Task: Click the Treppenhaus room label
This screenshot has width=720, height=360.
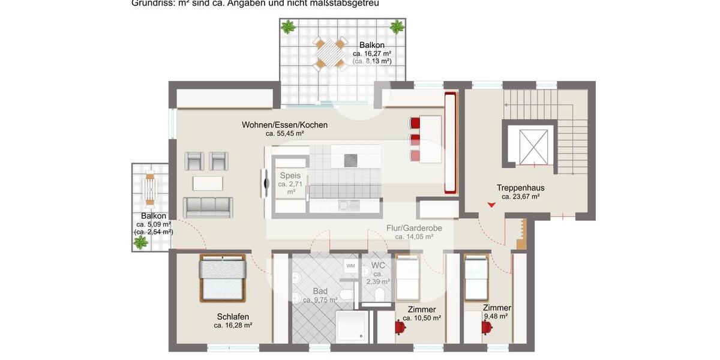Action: pyautogui.click(x=520, y=187)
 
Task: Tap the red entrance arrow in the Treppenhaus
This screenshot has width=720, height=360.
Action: pyautogui.click(x=491, y=205)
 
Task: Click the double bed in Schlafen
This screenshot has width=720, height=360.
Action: pyautogui.click(x=223, y=279)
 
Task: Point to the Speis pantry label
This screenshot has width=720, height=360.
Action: pyautogui.click(x=290, y=176)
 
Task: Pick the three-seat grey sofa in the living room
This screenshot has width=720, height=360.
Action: pyautogui.click(x=208, y=206)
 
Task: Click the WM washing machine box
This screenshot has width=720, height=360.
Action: pyautogui.click(x=350, y=265)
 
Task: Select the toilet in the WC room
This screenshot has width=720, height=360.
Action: pyautogui.click(x=379, y=294)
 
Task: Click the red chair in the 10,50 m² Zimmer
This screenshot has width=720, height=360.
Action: pyautogui.click(x=399, y=327)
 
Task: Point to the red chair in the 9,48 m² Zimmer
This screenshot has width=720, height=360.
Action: pyautogui.click(x=487, y=327)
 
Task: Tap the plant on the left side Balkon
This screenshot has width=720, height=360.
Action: pyautogui.click(x=141, y=242)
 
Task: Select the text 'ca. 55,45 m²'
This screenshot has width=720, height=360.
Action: pyautogui.click(x=284, y=134)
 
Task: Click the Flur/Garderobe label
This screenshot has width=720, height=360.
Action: pyautogui.click(x=414, y=228)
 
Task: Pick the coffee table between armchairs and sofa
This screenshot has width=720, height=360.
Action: pyautogui.click(x=208, y=181)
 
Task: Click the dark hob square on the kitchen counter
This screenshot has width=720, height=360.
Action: pyautogui.click(x=351, y=160)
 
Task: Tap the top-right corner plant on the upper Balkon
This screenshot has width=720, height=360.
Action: pyautogui.click(x=397, y=26)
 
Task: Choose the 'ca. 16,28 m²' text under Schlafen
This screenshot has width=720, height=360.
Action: pyautogui.click(x=233, y=325)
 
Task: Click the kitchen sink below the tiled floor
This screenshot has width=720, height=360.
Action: pyautogui.click(x=347, y=205)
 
